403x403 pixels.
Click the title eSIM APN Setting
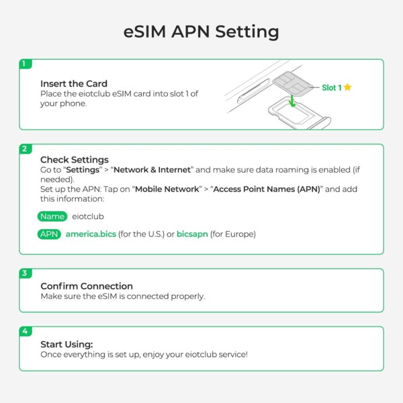(201, 32)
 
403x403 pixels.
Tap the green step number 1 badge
(26, 64)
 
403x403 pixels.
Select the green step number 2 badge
(26, 149)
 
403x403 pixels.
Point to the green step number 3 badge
(26, 273)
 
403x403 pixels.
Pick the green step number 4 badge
(26, 331)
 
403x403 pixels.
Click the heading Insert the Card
(74, 84)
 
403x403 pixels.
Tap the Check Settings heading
(75, 160)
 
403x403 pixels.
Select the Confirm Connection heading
(87, 286)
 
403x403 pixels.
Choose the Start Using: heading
(66, 345)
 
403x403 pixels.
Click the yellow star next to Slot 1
(347, 87)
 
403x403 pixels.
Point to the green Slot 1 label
(332, 87)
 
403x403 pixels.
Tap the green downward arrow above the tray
(292, 101)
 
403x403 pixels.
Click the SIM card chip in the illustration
(292, 84)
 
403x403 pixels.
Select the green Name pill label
(52, 216)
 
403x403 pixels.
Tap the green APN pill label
(49, 234)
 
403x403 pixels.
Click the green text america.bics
(91, 234)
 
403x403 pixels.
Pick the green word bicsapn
(192, 234)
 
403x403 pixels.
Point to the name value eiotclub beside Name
(88, 216)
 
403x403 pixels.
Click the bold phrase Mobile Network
(167, 189)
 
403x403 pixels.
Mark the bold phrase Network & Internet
(152, 170)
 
